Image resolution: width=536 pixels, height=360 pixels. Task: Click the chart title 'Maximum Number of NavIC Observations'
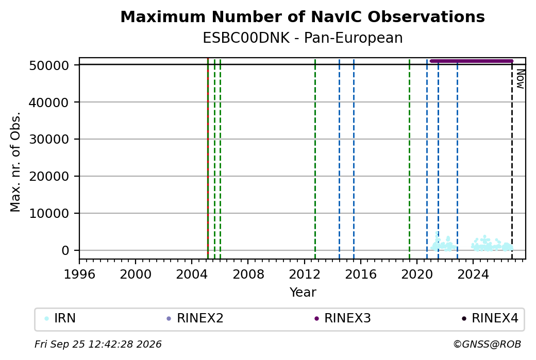303,16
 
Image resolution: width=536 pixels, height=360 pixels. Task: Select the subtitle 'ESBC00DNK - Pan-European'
303,38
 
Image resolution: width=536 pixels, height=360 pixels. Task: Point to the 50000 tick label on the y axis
49,65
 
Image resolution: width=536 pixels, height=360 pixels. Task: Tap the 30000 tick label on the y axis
49,140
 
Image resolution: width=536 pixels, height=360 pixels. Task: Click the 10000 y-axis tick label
49,213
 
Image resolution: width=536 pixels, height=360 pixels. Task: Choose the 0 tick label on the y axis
65,251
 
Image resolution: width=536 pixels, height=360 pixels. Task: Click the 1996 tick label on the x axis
79,274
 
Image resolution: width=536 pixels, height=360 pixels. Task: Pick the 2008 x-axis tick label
248,274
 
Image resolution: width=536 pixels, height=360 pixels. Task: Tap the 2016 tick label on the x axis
361,274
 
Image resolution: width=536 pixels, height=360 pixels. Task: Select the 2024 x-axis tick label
473,274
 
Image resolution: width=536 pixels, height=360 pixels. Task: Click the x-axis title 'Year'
303,293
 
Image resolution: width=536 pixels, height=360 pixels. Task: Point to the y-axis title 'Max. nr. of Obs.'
15,162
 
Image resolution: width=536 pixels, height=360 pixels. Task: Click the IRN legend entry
60,318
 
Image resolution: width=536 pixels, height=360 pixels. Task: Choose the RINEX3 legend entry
342,318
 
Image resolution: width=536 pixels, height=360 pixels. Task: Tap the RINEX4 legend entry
490,318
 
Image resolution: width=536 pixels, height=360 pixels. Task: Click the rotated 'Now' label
520,79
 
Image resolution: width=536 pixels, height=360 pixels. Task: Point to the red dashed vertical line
208,159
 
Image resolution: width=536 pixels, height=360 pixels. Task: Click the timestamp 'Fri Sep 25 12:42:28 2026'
98,344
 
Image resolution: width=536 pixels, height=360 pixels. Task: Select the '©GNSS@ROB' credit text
487,344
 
